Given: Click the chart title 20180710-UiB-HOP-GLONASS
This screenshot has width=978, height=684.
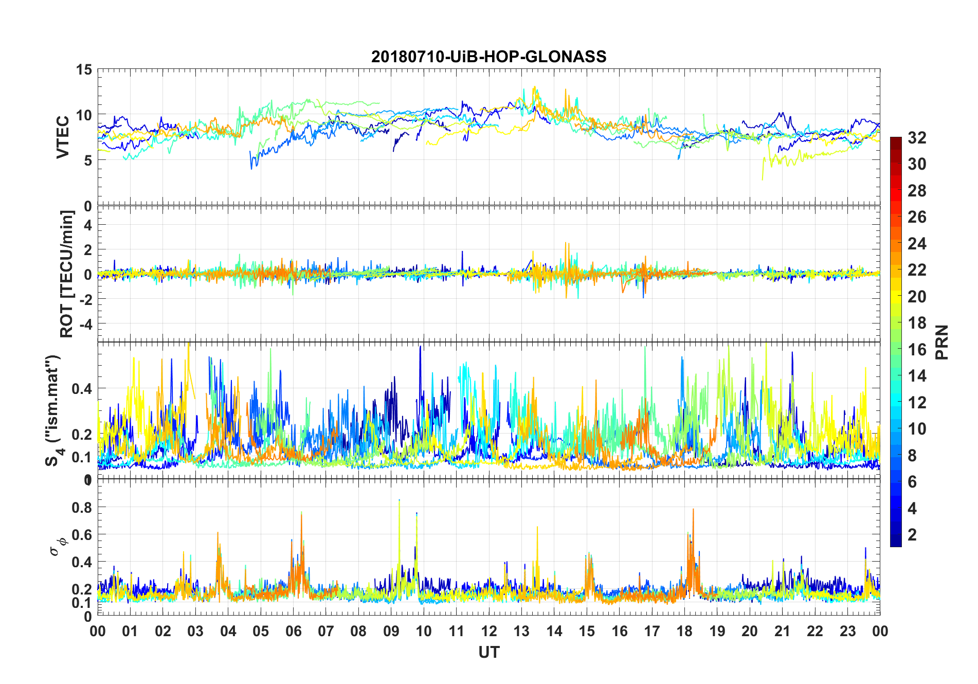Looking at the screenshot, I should [x=488, y=57].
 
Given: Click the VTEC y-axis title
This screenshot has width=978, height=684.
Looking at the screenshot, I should [x=63, y=137].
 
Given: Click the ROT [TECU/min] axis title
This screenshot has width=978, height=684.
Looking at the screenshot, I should [x=67, y=274].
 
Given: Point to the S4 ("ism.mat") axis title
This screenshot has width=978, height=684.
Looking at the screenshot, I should [x=53, y=410].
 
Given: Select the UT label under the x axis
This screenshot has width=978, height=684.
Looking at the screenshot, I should [x=488, y=652].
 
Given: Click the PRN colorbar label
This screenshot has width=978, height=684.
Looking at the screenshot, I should [x=941, y=342].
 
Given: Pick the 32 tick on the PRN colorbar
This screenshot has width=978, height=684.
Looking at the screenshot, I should [x=917, y=138].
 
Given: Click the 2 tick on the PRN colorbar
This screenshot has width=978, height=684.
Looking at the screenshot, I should [x=912, y=535].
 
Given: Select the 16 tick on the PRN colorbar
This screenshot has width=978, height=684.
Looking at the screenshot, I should [x=917, y=350].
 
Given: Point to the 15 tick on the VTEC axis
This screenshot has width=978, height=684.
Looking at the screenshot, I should [x=84, y=70].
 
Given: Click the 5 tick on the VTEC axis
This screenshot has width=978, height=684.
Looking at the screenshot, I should [x=87, y=160].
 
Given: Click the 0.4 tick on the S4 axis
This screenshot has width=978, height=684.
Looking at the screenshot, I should [x=82, y=389].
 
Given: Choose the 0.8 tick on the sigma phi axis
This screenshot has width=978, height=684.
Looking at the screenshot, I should [x=82, y=508].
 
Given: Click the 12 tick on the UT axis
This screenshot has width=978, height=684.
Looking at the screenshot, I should [x=488, y=631].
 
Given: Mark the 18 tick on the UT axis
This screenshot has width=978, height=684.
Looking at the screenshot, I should [x=684, y=631].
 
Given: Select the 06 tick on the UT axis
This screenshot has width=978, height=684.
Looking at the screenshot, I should [x=293, y=631].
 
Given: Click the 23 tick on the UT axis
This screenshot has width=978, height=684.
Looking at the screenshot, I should [x=847, y=631].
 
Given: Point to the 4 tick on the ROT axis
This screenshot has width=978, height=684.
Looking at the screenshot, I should [x=87, y=225].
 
